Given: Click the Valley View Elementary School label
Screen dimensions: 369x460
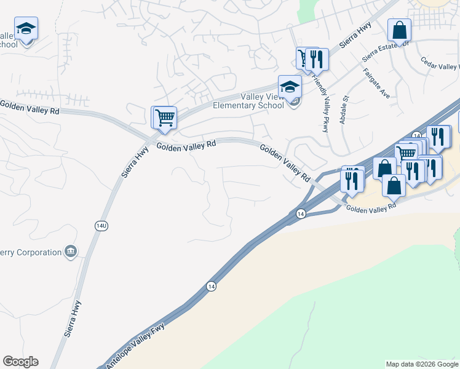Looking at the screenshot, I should pyautogui.click(x=248, y=100).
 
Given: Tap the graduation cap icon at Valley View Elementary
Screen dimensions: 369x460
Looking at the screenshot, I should pyautogui.click(x=290, y=85).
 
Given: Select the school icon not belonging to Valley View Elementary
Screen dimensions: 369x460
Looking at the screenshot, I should pyautogui.click(x=26, y=28).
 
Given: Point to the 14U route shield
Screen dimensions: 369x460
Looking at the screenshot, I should pyautogui.click(x=101, y=226).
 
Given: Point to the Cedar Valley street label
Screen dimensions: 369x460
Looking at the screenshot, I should pyautogui.click(x=440, y=63).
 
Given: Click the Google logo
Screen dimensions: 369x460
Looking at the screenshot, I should pyautogui.click(x=20, y=362).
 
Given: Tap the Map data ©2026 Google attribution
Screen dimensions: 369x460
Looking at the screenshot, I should pyautogui.click(x=422, y=364).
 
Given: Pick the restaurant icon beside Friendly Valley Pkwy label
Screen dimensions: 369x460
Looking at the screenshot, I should pyautogui.click(x=316, y=59).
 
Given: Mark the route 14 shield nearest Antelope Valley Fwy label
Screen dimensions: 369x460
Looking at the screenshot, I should pyautogui.click(x=211, y=286).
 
